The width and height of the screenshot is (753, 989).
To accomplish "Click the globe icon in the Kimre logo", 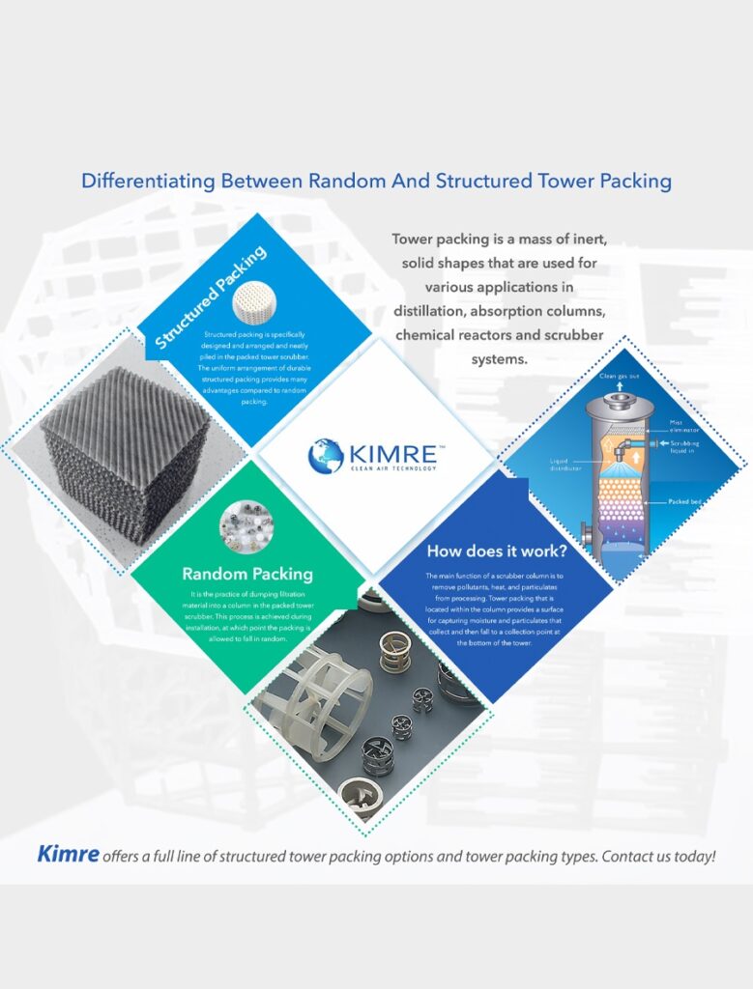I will (x=325, y=455).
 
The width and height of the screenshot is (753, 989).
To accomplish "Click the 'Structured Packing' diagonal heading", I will (x=212, y=297).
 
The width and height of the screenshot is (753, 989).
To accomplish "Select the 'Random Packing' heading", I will (x=247, y=574).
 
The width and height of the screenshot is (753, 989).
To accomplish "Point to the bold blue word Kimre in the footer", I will (x=68, y=854).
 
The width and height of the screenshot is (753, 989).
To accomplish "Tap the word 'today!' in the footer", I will (x=692, y=856).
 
